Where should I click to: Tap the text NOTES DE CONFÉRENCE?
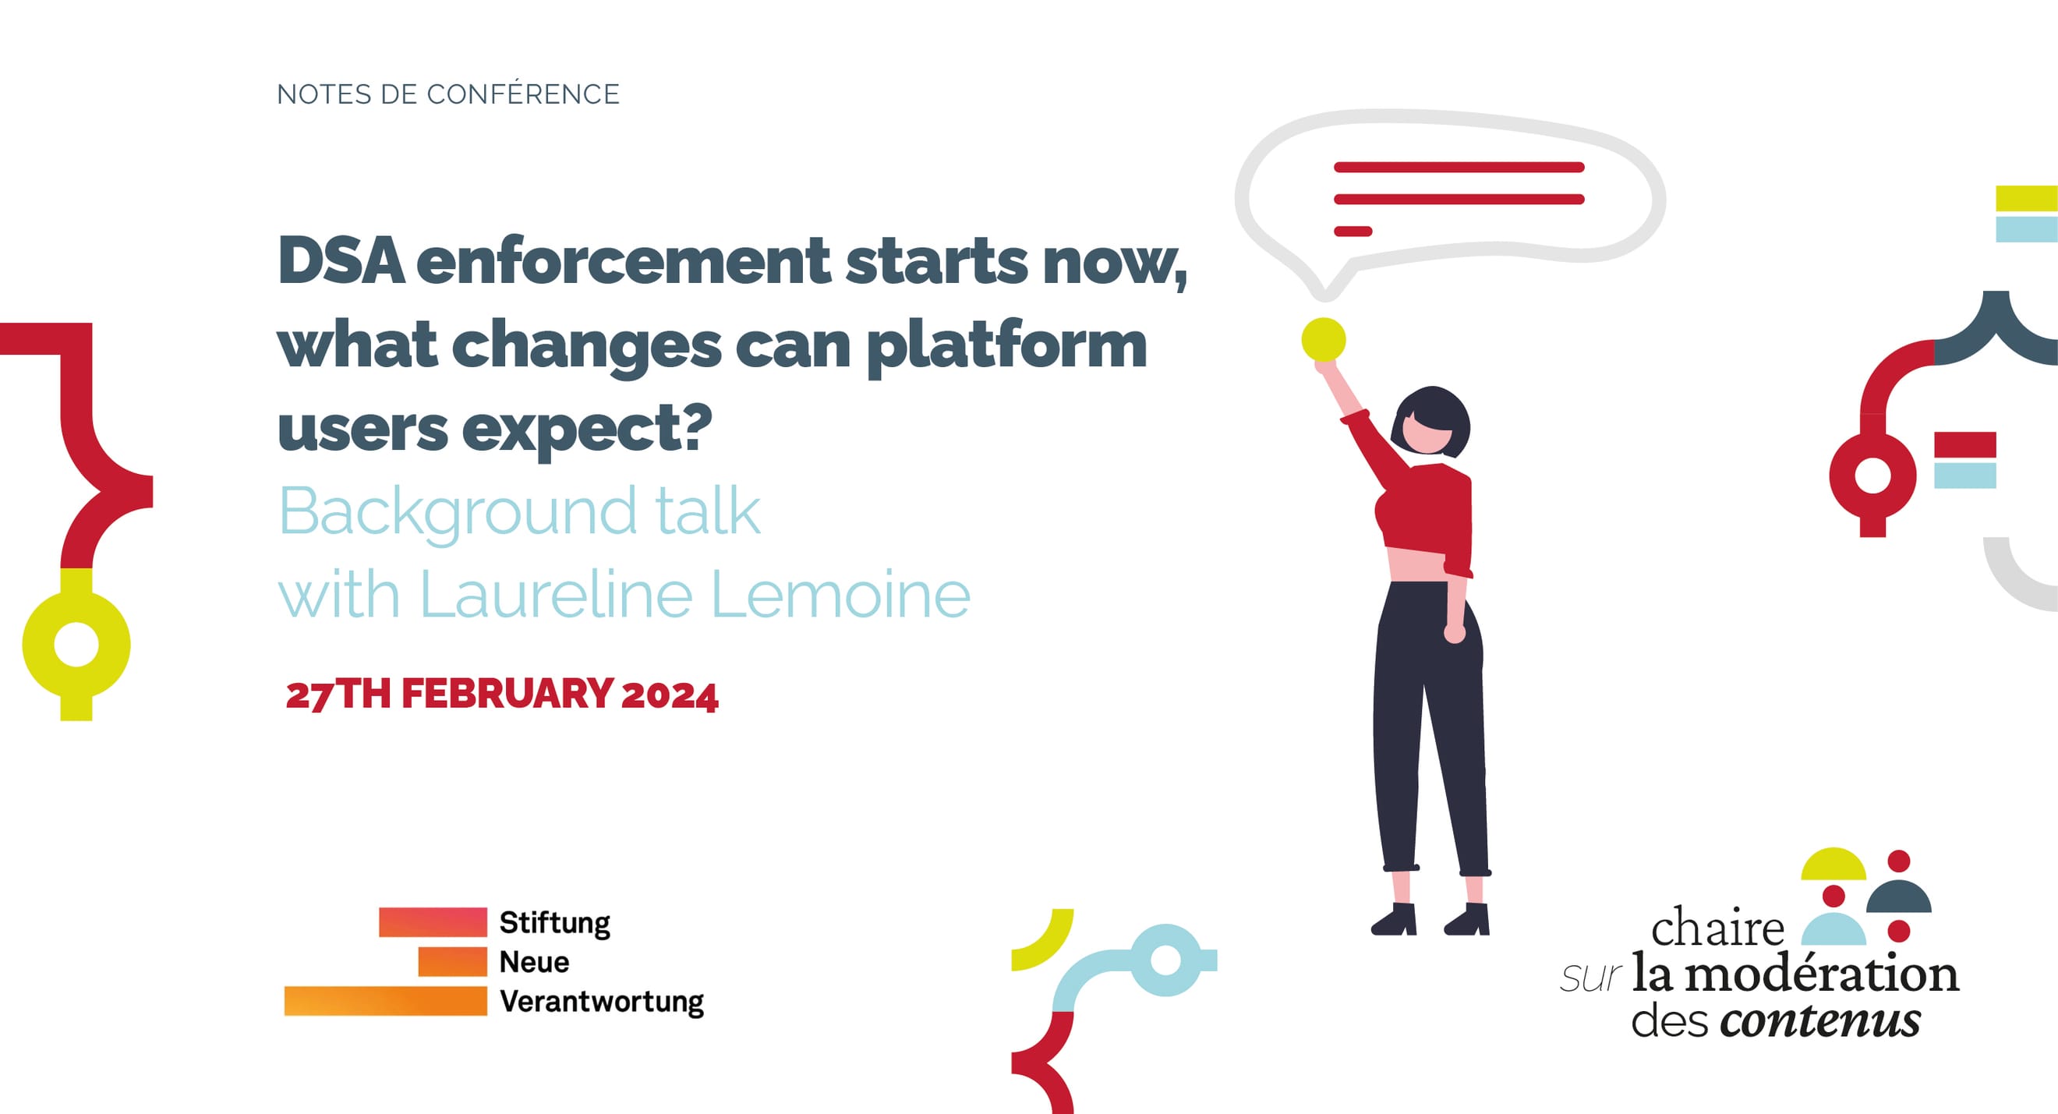(447, 94)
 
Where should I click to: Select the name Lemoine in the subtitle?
(840, 596)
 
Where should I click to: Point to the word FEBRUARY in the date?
(507, 694)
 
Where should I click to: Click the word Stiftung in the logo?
(554, 923)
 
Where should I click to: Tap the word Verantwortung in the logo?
(602, 1001)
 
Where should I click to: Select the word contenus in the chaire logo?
(1821, 1021)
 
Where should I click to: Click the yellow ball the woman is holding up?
(1323, 340)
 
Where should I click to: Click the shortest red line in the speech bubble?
(1353, 232)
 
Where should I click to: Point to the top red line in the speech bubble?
(1459, 167)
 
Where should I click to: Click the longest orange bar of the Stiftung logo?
(385, 1001)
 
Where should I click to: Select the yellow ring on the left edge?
(76, 644)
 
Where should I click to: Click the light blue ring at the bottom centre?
(1165, 960)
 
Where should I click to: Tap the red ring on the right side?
(1872, 476)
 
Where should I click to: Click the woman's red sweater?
(1430, 511)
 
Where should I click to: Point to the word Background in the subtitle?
(458, 512)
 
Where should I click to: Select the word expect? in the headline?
(586, 429)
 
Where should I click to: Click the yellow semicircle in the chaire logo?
(1833, 865)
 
